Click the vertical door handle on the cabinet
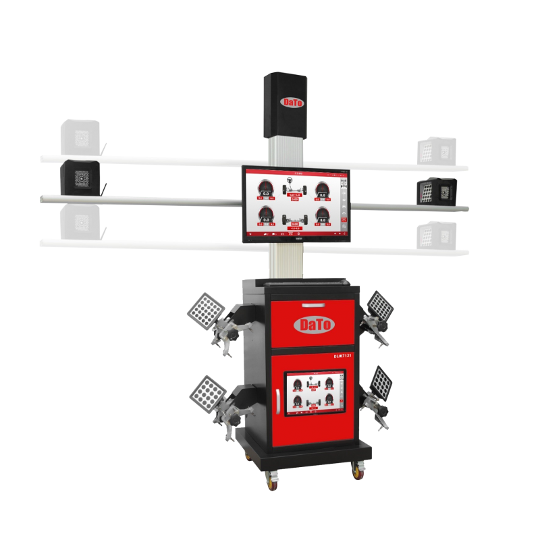(279, 398)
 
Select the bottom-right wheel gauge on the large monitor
(322, 216)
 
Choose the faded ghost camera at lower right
(433, 234)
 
